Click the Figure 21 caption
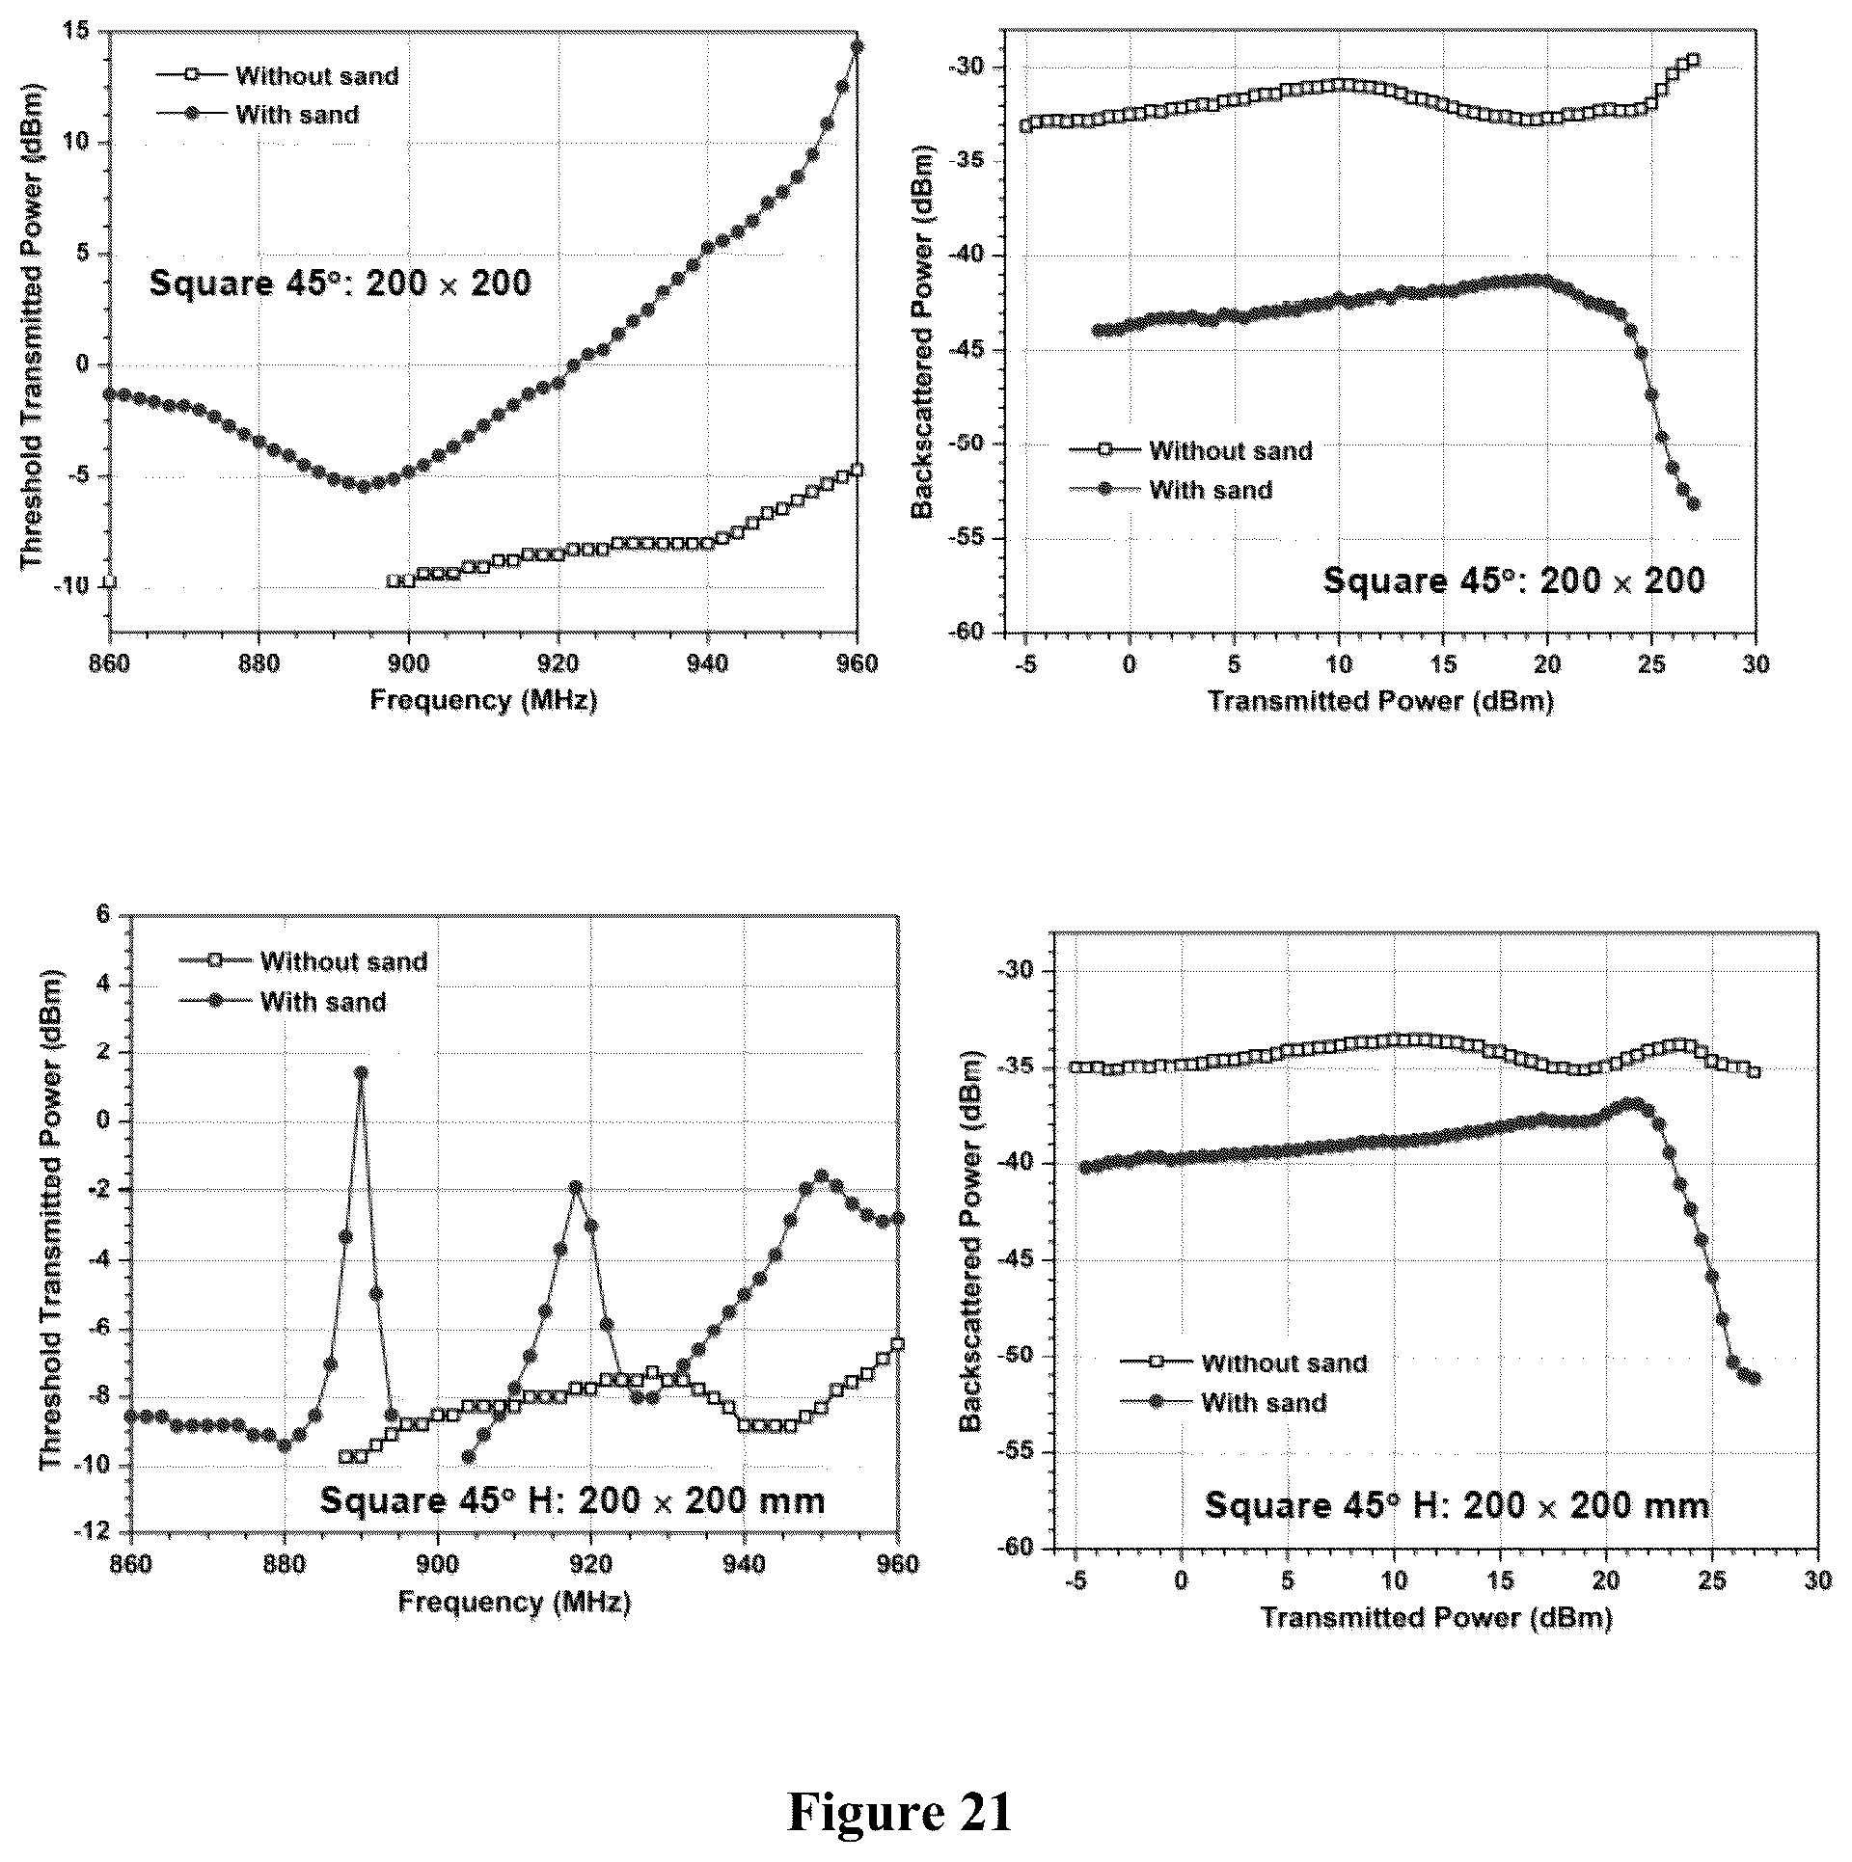(900, 1812)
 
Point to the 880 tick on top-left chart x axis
(259, 664)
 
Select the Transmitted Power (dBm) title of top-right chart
(1379, 701)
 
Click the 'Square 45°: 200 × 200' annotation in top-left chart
(340, 283)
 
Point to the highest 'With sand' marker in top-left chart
(858, 47)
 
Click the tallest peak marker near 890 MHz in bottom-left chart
(361, 1072)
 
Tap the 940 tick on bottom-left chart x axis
(745, 1563)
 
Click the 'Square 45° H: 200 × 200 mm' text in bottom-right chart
(1457, 1505)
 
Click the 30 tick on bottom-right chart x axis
(1818, 1582)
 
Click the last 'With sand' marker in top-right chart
(1693, 503)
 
